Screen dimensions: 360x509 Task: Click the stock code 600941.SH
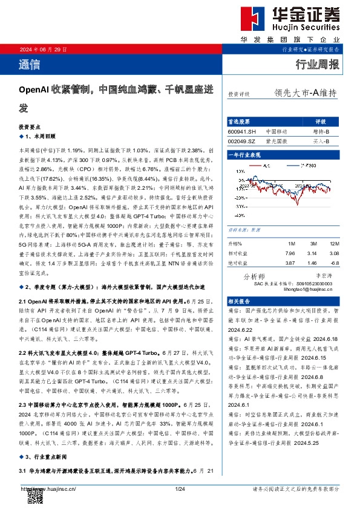tap(242, 131)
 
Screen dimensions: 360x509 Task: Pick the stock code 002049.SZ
tap(242, 141)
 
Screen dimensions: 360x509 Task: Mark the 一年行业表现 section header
tap(244, 155)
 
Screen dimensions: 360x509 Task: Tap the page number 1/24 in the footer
tap(179, 488)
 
